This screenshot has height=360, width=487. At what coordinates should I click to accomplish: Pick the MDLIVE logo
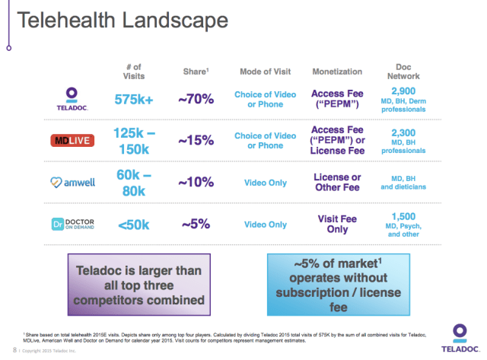(73, 141)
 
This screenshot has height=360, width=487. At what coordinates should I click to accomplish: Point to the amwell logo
(73, 183)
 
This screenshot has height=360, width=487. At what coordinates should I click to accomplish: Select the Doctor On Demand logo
(73, 225)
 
